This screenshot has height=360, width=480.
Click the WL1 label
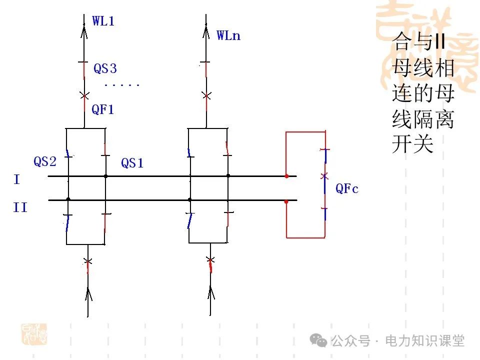tap(103, 21)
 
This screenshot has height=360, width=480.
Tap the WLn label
tap(228, 35)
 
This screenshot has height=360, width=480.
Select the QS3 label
tap(105, 68)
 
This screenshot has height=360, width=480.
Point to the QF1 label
tap(102, 110)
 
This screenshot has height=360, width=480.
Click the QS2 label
tap(45, 161)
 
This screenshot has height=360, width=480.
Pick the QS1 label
tap(132, 163)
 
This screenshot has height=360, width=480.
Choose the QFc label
tap(347, 188)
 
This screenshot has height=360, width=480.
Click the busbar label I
tap(16, 179)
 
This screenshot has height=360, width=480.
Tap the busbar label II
tap(20, 207)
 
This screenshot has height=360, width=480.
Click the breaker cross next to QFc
tap(324, 176)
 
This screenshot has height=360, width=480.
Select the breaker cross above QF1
tap(84, 95)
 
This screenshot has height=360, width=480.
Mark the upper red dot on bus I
tap(286, 176)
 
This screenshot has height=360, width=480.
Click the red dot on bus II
tap(286, 202)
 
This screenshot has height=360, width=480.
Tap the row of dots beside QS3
tap(122, 85)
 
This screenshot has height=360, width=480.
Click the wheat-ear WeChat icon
tap(318, 341)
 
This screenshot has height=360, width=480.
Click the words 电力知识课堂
tap(424, 341)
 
